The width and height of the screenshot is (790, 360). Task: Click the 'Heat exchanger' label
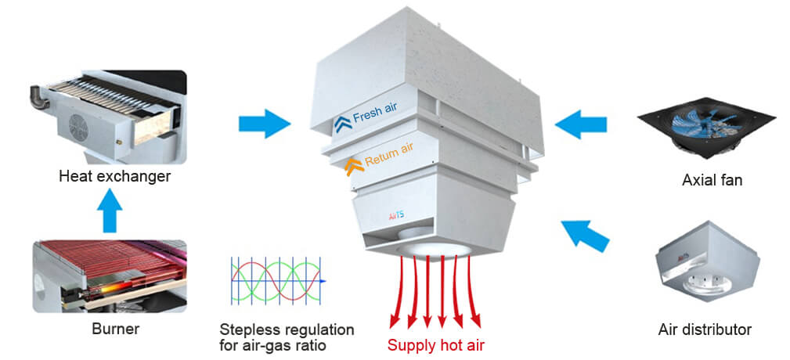(114, 176)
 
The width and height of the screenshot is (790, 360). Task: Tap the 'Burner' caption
(114, 329)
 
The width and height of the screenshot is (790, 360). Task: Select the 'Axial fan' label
(712, 181)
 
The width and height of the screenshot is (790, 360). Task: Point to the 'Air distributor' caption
(705, 329)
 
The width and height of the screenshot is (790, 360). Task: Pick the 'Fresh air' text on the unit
(380, 116)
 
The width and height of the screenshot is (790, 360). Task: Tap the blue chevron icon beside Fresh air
(341, 123)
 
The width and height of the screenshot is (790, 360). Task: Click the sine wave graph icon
(277, 281)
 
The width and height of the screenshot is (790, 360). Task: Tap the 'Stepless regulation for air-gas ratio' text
(287, 336)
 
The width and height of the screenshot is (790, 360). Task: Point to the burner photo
(110, 275)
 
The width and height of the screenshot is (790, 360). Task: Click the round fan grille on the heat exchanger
(81, 126)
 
